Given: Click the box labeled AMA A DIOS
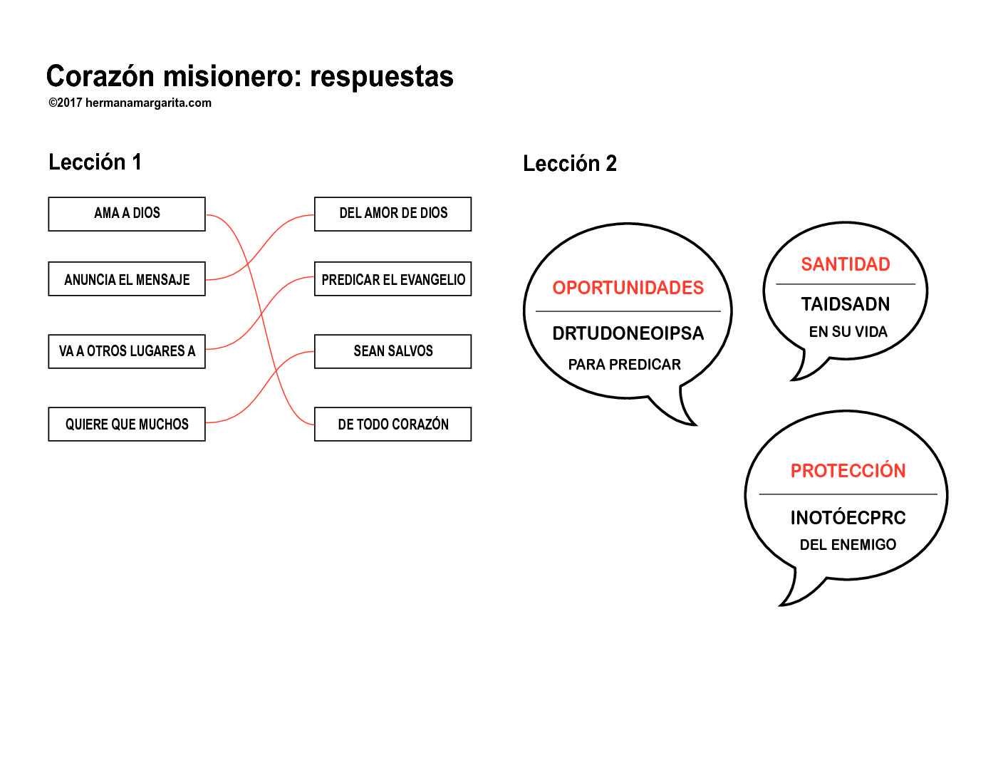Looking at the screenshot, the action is pos(127,214).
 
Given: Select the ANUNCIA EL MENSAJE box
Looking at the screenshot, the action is pos(127,279).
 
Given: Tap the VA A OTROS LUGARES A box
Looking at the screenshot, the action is pos(127,350).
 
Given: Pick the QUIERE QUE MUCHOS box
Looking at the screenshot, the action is pos(127,423).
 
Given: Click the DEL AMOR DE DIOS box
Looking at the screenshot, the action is pos(393,214).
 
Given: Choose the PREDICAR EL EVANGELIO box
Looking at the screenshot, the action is pos(393,279).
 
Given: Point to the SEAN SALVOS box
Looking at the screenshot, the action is pos(393,350).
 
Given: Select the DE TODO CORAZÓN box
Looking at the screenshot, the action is pos(393,423).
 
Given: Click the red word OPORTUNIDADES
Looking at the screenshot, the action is pos(628,288).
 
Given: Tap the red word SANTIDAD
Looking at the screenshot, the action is pos(845,264).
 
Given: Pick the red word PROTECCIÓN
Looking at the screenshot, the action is pos(848,470).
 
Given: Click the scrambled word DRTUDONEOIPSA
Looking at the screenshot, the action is pos(628,333).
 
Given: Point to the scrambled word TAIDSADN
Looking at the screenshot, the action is pos(845,303).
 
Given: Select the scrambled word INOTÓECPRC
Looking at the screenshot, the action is pos(848,516).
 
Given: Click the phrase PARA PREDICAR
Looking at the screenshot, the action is pos(624,364).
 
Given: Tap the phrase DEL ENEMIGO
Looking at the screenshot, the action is pos(848,544).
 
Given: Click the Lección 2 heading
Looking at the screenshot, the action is pos(569,163).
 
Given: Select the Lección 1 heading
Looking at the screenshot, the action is pos(95,162).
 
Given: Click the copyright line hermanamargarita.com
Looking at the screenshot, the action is pos(130,103).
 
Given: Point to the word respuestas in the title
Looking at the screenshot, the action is pos(381,77).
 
